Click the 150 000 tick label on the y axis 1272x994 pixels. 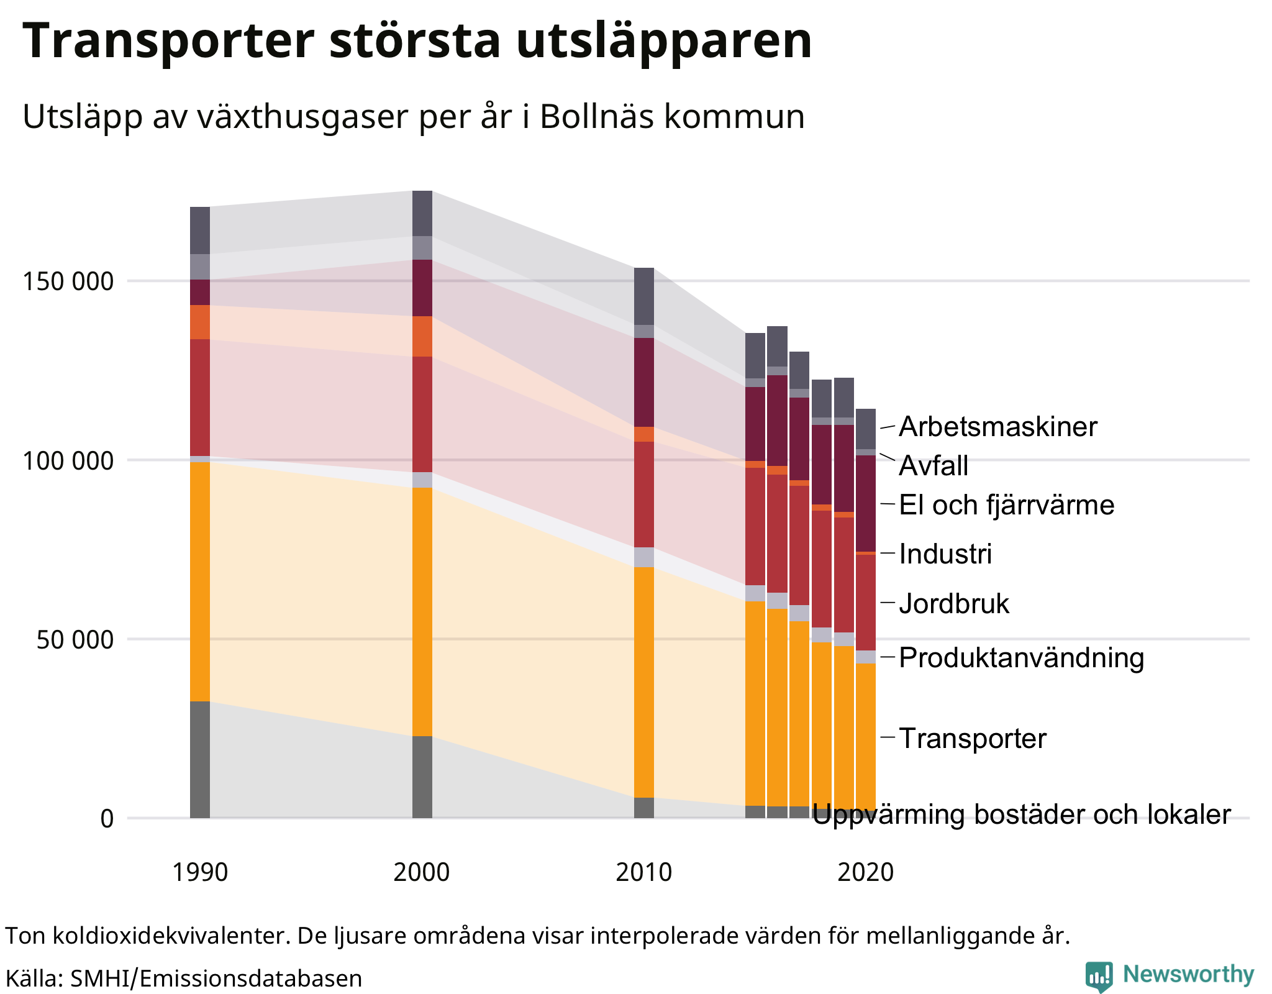coord(68,281)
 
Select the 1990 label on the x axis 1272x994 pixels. coord(200,872)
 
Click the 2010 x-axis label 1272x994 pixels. coord(643,872)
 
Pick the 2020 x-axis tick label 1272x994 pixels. coord(865,872)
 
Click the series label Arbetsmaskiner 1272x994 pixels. coord(998,427)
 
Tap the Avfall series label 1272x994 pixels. coord(934,466)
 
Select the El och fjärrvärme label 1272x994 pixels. coord(1006,504)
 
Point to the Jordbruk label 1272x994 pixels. coord(954,604)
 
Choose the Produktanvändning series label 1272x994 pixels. coord(1021,658)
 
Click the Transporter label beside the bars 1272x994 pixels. coord(973,739)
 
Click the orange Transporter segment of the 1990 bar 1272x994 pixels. coord(200,581)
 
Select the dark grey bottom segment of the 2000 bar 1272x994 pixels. coord(422,777)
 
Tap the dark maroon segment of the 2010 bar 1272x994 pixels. coord(644,382)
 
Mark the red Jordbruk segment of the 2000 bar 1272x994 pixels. coord(422,414)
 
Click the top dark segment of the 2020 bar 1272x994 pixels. coord(866,429)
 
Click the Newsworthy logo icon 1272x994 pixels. coord(1099,976)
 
